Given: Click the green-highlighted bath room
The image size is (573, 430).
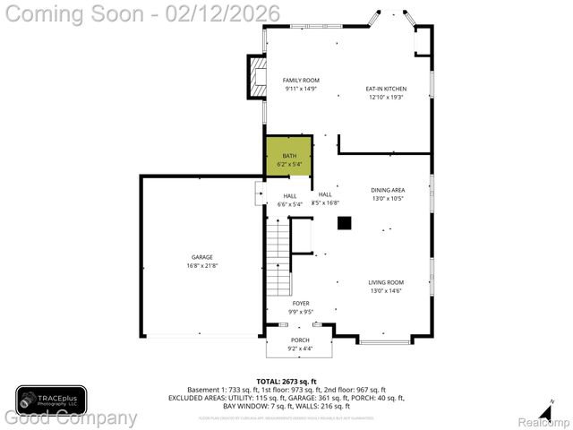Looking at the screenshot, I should click(x=288, y=159).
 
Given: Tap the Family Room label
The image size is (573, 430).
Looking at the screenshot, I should click(x=301, y=81).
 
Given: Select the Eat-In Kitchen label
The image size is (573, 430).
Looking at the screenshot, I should click(x=385, y=89).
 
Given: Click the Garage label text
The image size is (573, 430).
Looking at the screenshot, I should click(x=201, y=257).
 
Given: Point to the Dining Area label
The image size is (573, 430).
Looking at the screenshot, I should click(x=388, y=190).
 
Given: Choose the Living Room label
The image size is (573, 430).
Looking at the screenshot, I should click(x=386, y=282).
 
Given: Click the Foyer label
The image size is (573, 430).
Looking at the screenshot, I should click(x=301, y=304).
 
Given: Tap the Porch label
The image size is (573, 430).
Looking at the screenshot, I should click(x=299, y=340).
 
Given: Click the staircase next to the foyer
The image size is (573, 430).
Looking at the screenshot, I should click(x=279, y=259).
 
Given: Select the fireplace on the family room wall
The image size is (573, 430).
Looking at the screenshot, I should click(x=256, y=77).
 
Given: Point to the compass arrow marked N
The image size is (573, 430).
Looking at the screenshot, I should click(x=552, y=404).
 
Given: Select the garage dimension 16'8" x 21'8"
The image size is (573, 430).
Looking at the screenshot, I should click(x=201, y=265).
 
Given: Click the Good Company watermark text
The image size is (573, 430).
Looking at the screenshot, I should click(x=70, y=418).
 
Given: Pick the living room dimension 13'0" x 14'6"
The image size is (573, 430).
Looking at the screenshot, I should click(x=386, y=290).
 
